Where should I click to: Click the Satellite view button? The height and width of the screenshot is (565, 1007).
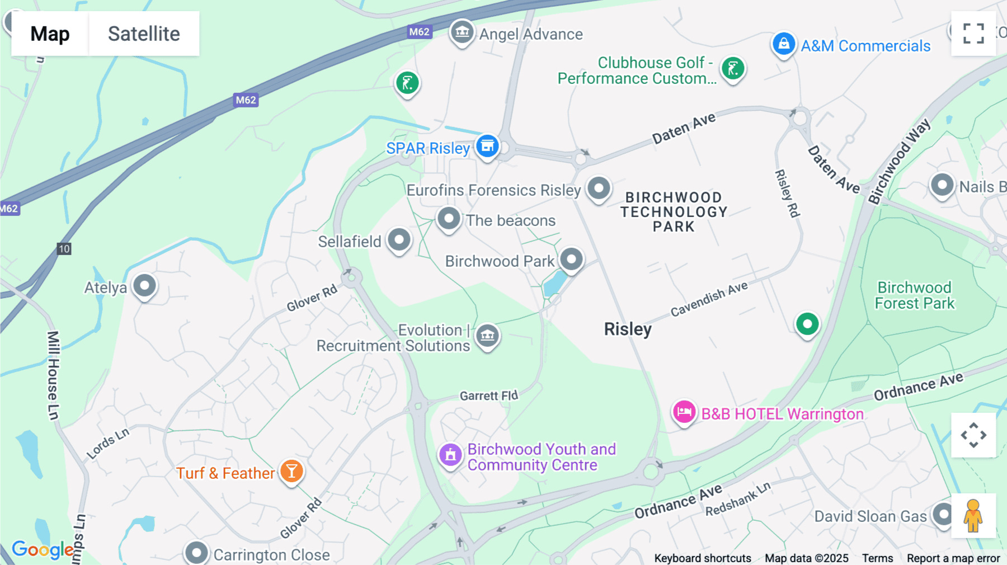(x=144, y=34)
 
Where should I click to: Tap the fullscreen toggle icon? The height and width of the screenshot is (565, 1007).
(x=973, y=34)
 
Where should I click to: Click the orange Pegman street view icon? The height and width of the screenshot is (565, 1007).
(x=973, y=516)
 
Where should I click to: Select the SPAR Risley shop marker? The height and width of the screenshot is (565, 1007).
(x=487, y=146)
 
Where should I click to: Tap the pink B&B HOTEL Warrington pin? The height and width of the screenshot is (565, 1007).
(x=684, y=413)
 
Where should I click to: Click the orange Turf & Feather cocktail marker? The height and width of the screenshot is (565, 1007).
(x=291, y=472)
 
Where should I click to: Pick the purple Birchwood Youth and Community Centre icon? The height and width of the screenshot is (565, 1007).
(x=450, y=455)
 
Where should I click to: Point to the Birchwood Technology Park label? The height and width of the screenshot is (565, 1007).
(x=674, y=212)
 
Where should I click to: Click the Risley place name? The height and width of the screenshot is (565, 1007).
(x=628, y=329)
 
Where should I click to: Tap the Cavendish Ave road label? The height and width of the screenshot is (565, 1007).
(x=709, y=299)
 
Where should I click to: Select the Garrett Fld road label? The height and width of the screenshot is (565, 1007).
(x=488, y=396)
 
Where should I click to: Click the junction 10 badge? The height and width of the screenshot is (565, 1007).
(x=64, y=249)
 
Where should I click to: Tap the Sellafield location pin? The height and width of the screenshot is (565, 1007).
(x=399, y=240)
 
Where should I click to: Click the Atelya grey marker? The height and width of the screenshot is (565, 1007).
(x=144, y=286)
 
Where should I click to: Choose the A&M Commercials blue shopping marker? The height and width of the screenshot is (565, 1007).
(x=783, y=44)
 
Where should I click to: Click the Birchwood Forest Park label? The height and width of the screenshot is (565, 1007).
(x=914, y=295)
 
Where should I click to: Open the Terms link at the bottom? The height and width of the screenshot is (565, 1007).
(x=877, y=558)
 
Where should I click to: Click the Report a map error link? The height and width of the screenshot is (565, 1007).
(x=953, y=558)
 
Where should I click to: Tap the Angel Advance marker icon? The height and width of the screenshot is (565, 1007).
(x=462, y=32)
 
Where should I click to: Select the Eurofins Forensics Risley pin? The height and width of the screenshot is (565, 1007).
(x=599, y=188)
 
